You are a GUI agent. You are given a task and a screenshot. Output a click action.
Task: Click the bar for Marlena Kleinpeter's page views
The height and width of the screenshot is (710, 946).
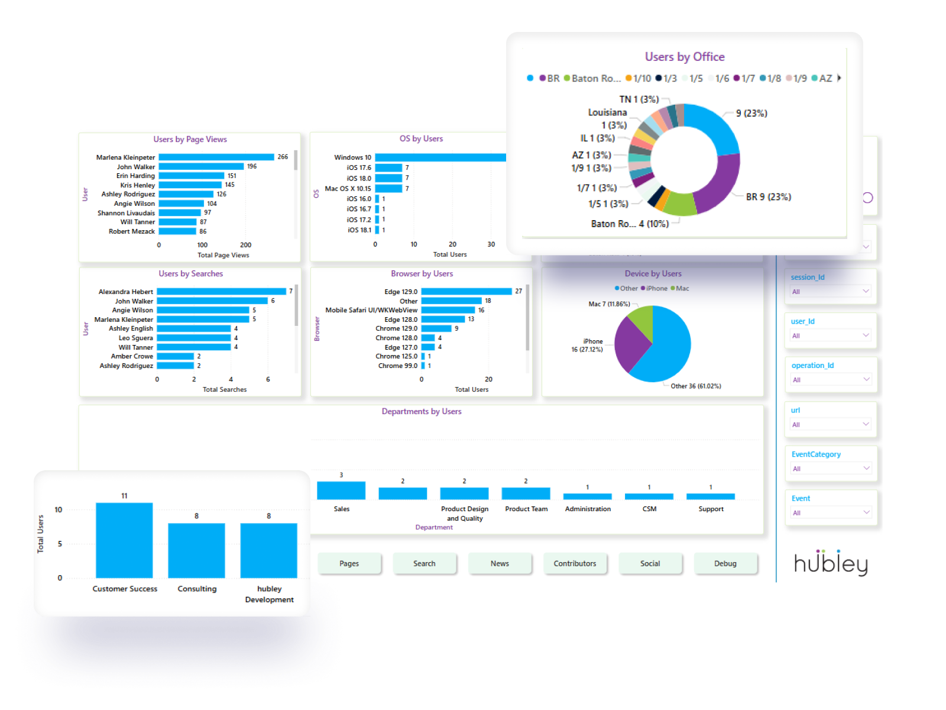216,157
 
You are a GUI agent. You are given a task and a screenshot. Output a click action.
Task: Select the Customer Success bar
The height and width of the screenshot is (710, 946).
124,540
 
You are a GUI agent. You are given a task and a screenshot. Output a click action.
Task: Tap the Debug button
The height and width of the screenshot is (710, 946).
725,563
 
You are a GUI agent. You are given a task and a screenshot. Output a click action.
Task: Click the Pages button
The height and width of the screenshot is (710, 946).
349,563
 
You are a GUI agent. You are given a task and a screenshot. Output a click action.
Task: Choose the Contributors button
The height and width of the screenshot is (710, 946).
575,563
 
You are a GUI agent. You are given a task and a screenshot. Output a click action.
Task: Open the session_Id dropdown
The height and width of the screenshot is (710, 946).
830,291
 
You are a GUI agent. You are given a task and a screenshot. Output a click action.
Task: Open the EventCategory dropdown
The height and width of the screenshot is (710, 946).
830,469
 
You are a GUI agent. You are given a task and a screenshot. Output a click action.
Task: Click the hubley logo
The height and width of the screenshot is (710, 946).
831,563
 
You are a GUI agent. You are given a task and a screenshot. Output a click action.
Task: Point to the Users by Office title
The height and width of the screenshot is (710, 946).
685,57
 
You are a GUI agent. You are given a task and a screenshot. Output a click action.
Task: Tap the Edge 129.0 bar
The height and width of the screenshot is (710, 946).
466,291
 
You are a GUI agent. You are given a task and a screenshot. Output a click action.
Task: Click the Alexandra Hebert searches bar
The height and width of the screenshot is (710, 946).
221,292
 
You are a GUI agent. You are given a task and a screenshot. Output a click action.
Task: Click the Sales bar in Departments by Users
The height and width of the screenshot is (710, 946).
341,490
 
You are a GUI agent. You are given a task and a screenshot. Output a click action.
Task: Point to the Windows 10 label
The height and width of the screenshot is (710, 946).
352,157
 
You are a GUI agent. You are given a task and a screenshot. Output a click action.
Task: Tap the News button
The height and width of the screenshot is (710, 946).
500,563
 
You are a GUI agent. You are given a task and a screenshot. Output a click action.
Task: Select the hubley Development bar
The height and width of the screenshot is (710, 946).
268,550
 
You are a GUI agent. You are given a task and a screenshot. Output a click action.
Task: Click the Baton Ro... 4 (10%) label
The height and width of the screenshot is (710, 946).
630,224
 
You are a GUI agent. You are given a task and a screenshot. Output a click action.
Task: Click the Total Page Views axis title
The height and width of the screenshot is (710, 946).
223,256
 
